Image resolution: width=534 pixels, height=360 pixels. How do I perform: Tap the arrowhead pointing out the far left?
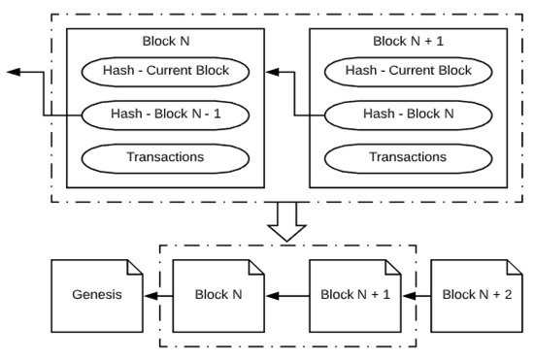point(12,72)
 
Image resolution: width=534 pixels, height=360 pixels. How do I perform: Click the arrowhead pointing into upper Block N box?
point(273,72)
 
